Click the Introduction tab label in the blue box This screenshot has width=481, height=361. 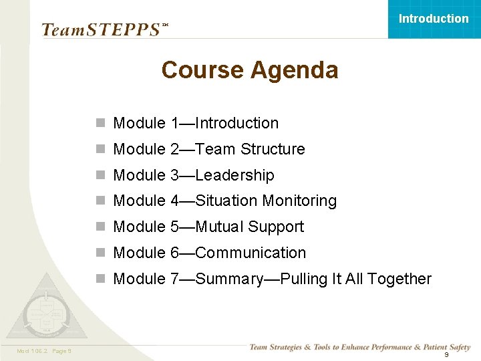click(x=434, y=19)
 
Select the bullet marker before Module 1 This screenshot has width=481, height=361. click(x=100, y=124)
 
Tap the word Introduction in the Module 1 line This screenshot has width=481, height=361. click(x=237, y=123)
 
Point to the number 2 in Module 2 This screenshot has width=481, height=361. click(x=175, y=149)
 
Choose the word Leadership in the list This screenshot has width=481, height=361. click(x=234, y=175)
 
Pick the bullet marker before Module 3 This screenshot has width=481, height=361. click(x=100, y=176)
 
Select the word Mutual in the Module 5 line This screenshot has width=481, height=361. click(x=220, y=227)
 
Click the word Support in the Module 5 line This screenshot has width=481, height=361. click(x=276, y=227)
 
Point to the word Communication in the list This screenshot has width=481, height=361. click(x=251, y=253)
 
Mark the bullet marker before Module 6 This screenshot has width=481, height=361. click(x=100, y=253)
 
